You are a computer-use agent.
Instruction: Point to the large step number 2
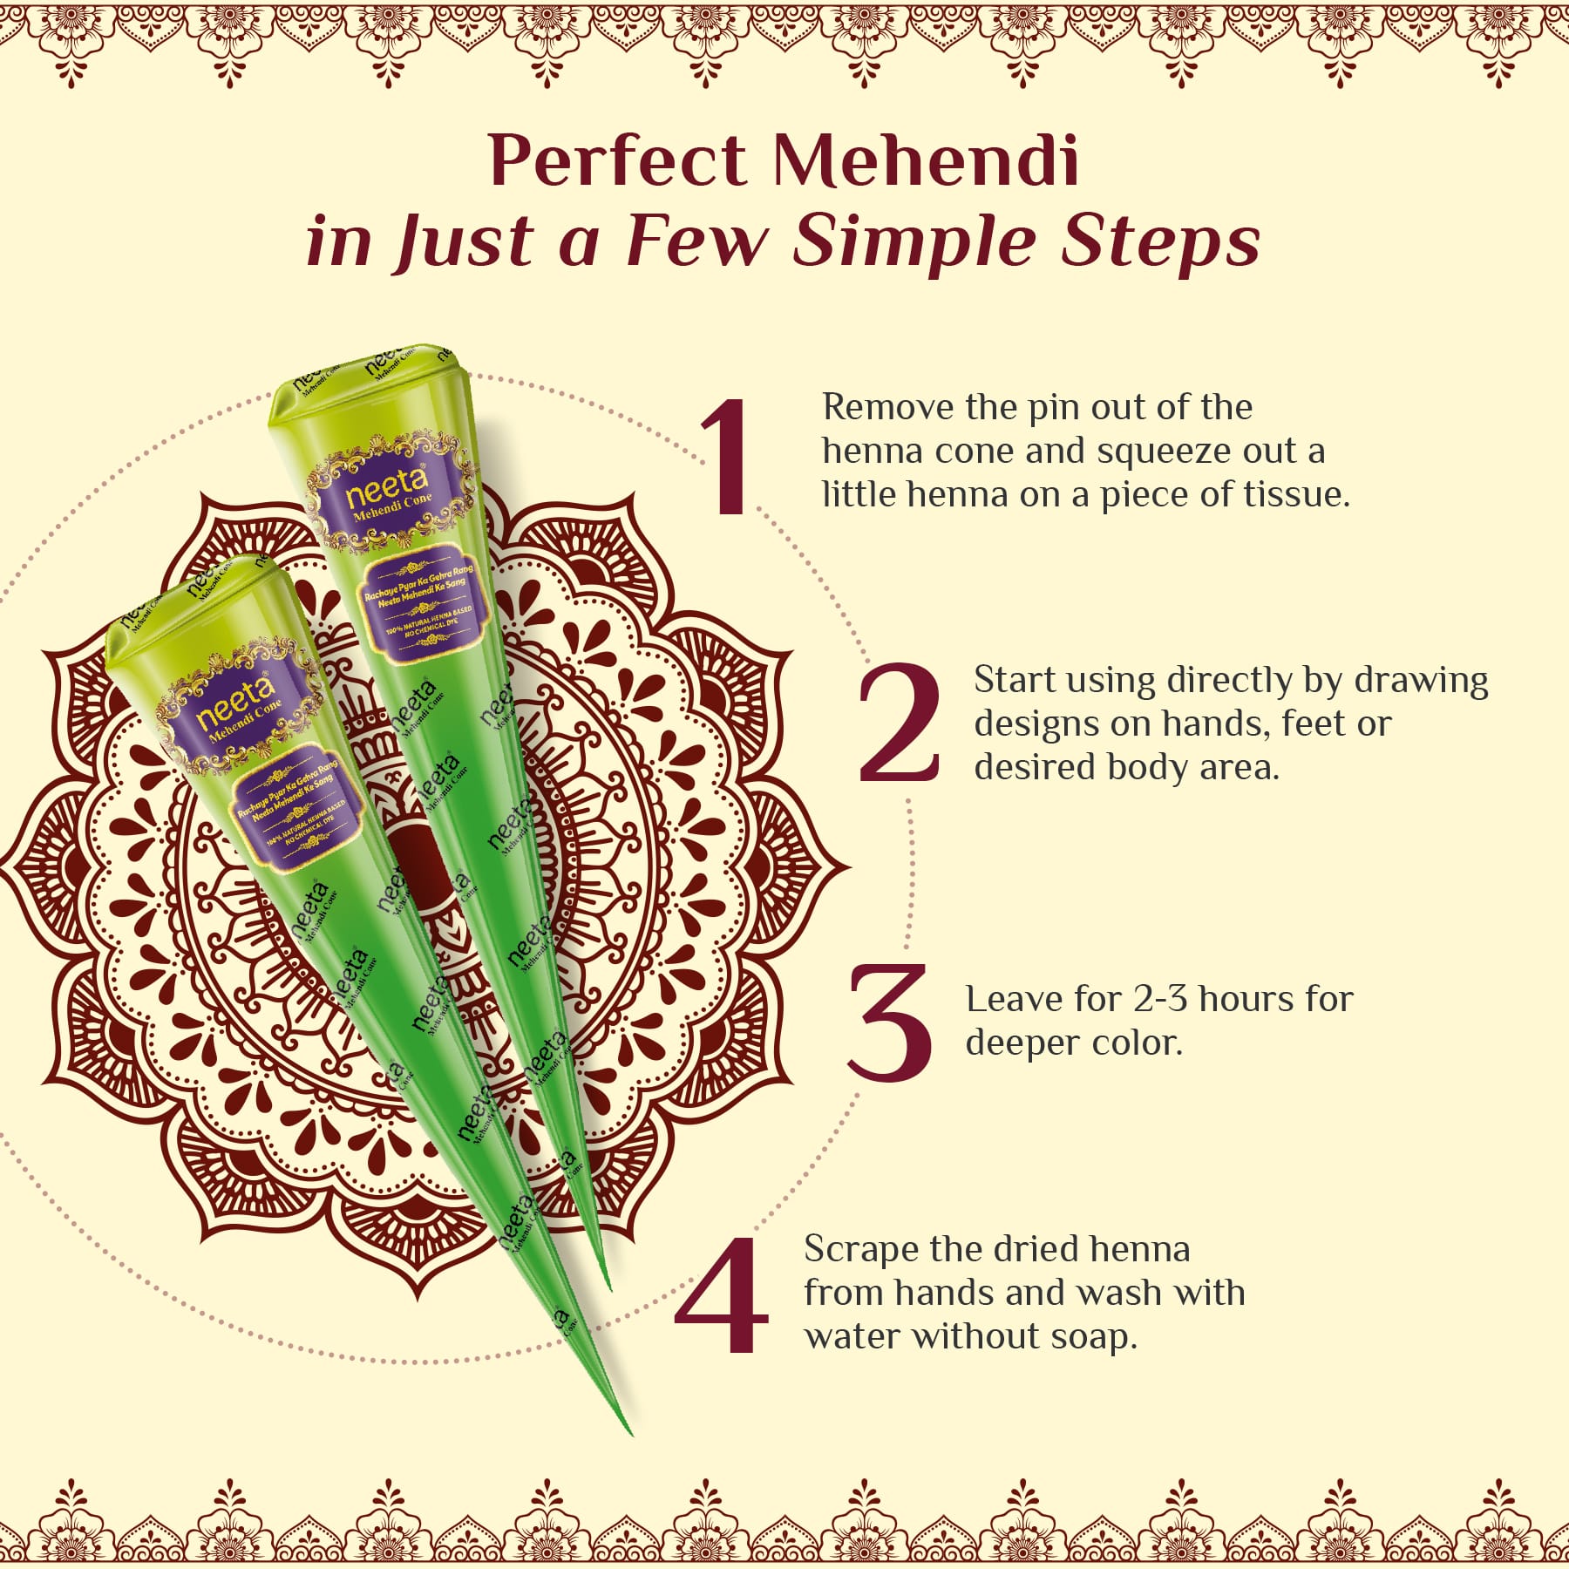pos(899,723)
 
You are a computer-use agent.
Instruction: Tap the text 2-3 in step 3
pos(1161,999)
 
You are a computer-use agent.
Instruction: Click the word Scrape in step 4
pos(858,1250)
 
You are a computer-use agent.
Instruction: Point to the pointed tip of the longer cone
pos(629,1432)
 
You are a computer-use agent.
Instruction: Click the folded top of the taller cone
pos(366,375)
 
